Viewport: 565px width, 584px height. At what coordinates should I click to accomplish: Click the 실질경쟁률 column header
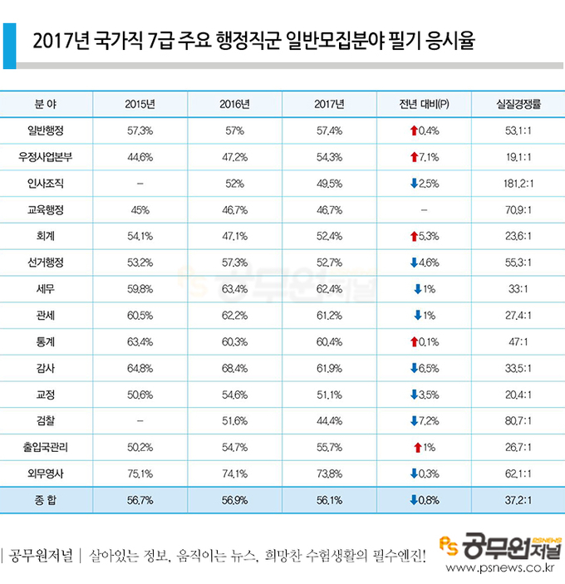(x=518, y=105)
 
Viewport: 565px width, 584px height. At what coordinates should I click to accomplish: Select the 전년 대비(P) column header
(x=424, y=105)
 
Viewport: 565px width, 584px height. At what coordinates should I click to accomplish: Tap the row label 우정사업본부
(x=46, y=157)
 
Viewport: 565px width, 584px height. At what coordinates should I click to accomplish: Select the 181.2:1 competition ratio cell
(x=518, y=184)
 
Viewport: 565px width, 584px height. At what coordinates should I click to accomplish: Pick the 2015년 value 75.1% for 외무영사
(x=140, y=474)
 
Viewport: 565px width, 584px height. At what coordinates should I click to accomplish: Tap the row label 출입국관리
(x=46, y=448)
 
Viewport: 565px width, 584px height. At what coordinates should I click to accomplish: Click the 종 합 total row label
(x=46, y=501)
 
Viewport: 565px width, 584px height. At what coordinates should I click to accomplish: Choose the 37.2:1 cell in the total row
(x=518, y=501)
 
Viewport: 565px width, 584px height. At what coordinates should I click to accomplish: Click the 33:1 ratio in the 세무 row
(x=518, y=289)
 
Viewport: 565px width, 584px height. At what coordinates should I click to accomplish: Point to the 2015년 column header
(x=140, y=105)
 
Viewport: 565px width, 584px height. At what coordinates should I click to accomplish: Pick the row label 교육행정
(x=46, y=210)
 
